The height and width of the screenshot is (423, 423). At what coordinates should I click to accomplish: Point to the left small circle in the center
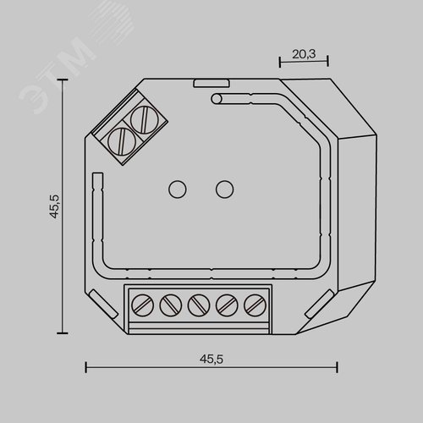click(x=179, y=189)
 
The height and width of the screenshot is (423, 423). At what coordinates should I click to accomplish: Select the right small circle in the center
click(x=224, y=189)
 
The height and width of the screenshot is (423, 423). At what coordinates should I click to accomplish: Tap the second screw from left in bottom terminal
click(x=171, y=303)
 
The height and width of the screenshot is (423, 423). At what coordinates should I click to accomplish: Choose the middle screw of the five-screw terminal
click(x=199, y=303)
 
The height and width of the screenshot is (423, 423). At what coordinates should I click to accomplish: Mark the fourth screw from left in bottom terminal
click(x=227, y=303)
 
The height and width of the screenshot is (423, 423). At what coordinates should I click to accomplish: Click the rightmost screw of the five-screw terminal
click(x=254, y=303)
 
